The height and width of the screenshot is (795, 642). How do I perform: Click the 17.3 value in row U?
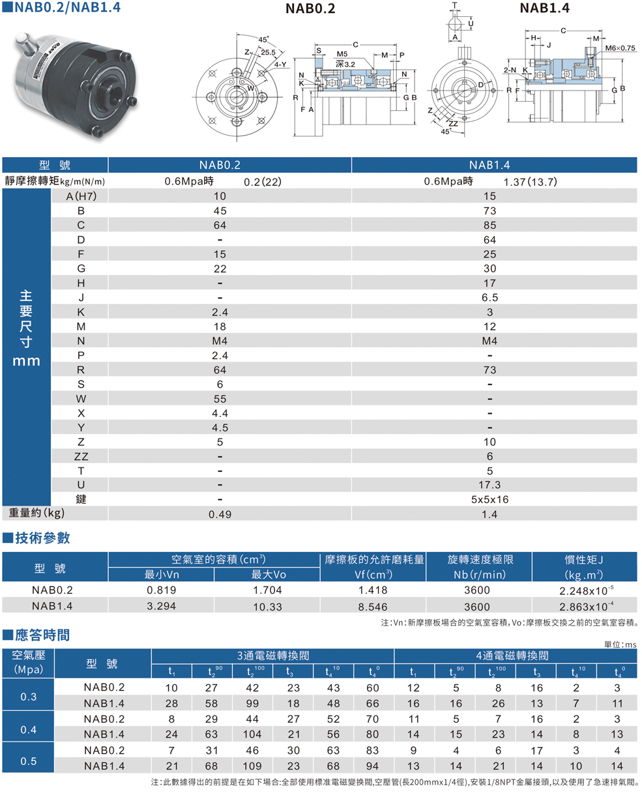pyautogui.click(x=489, y=485)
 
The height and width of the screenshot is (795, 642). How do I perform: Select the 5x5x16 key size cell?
pyautogui.click(x=489, y=499)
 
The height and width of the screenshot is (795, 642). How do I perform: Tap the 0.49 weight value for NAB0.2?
pyautogui.click(x=220, y=514)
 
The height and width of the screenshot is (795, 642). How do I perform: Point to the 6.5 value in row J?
pyautogui.click(x=489, y=297)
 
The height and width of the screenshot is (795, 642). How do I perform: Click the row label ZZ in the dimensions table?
pyautogui.click(x=81, y=456)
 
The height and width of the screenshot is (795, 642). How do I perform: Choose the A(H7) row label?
pyautogui.click(x=81, y=196)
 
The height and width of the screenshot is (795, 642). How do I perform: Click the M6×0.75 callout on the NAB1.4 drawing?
pyautogui.click(x=620, y=48)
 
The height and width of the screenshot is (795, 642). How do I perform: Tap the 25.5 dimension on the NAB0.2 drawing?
pyautogui.click(x=268, y=52)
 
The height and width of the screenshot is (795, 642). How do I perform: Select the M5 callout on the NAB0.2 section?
pyautogui.click(x=342, y=54)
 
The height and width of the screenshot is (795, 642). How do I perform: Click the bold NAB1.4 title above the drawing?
pyautogui.click(x=545, y=8)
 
